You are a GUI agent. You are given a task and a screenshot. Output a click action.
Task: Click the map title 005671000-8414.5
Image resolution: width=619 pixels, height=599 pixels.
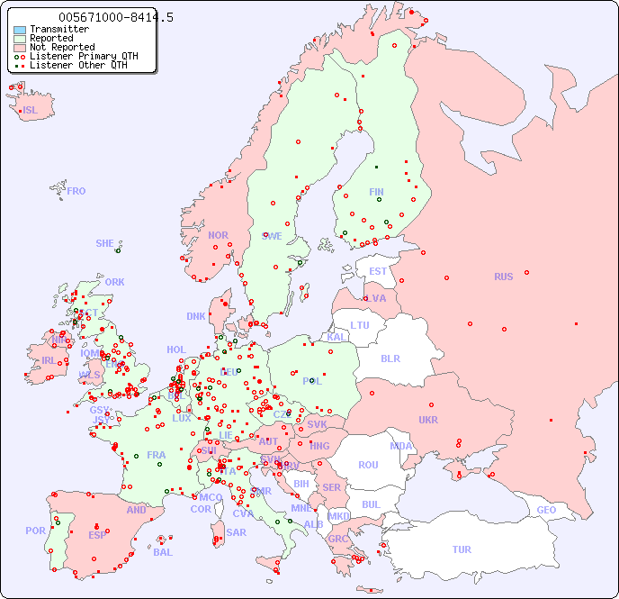[x=116, y=17]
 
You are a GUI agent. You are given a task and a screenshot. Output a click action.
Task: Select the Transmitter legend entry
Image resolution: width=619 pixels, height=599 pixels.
[x=58, y=29]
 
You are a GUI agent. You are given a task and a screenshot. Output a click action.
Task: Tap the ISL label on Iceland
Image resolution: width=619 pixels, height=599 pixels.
[x=31, y=111]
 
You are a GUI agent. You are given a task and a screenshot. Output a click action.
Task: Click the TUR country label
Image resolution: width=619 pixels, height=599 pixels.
[x=462, y=549]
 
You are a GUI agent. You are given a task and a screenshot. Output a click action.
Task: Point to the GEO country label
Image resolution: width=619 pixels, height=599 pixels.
[x=546, y=510]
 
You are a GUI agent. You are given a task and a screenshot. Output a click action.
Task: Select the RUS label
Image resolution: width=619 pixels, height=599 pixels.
[x=503, y=277]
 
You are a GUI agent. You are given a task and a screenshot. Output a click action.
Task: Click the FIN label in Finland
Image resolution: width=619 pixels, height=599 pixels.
[x=376, y=192]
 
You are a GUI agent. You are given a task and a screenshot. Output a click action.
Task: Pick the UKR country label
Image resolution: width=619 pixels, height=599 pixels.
[x=428, y=420]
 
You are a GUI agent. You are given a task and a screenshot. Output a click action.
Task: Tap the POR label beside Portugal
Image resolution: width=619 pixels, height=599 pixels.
[x=35, y=531]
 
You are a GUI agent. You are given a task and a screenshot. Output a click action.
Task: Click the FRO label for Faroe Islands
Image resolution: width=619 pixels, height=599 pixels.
[x=76, y=191]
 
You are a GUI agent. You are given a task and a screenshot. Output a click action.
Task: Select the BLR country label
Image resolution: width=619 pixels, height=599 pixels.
[x=390, y=358]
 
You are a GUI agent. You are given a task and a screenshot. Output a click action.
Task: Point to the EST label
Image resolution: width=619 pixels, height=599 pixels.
[x=378, y=271]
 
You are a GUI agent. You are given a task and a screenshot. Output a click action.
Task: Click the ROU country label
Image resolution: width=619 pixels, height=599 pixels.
[x=368, y=465]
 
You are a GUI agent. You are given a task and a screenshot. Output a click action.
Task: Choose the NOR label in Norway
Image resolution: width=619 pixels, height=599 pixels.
[x=218, y=235]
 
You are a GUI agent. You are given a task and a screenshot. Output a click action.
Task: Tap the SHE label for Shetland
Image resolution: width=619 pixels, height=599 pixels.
[x=105, y=243]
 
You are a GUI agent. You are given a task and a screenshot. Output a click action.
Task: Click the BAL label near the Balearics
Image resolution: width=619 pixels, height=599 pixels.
[x=162, y=552]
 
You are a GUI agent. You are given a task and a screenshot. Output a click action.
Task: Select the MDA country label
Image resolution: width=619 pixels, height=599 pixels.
[x=401, y=446]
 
